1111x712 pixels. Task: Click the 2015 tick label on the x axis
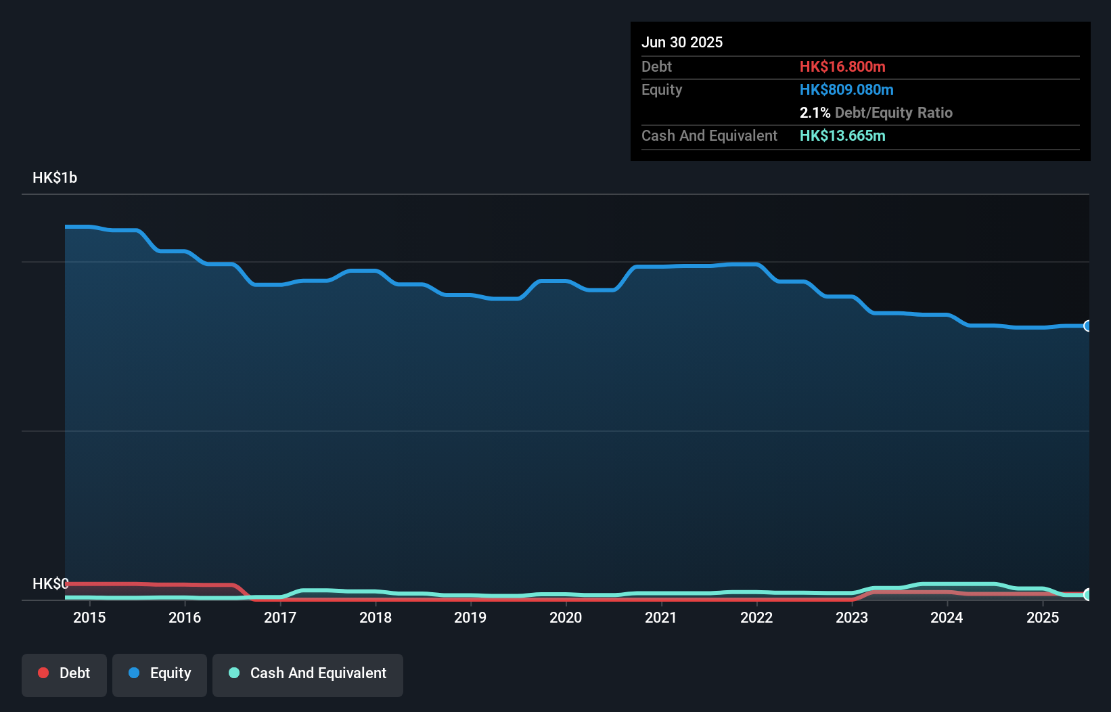[89, 617]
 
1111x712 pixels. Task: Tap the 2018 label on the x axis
[376, 617]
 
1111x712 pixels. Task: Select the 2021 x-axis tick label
[661, 617]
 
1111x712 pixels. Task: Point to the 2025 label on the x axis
[1043, 617]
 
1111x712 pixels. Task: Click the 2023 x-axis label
[852, 617]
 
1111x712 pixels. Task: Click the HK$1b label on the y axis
[55, 178]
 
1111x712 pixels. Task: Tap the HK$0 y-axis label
[51, 583]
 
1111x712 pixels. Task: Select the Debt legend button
[64, 673]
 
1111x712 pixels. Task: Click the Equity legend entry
[160, 673]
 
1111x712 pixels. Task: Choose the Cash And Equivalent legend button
[308, 673]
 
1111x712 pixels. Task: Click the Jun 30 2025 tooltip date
[682, 42]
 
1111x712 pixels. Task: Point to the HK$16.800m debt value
[842, 66]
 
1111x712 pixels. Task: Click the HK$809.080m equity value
[846, 89]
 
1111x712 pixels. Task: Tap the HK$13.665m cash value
[842, 135]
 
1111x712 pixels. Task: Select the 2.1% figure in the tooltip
[815, 112]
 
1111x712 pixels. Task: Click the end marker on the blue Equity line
[1088, 326]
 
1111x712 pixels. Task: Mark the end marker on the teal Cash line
[1088, 594]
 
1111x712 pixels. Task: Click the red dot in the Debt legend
[43, 673]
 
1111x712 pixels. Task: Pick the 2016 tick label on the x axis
[185, 617]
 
